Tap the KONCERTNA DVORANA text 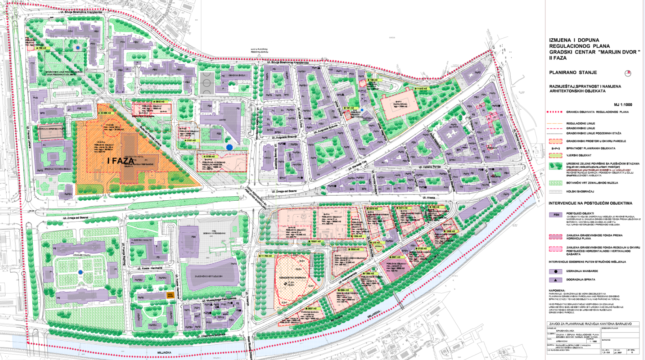293,278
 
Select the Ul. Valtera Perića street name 431,167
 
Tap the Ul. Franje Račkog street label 123,260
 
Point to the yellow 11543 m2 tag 421,89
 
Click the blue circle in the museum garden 80,272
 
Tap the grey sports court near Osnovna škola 205,82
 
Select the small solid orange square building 170,295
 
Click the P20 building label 194,237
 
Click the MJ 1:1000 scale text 623,104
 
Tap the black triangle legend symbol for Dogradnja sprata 556,280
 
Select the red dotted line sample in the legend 555,112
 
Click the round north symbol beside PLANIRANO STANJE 628,73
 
